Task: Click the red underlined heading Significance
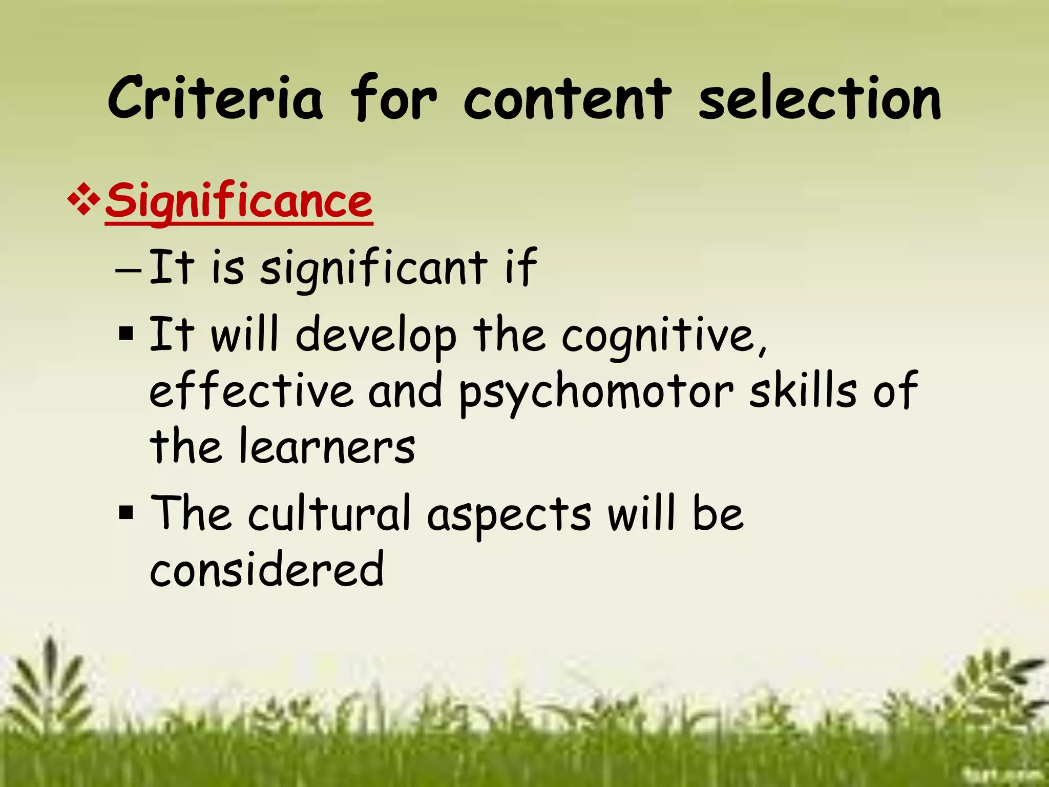pyautogui.click(x=239, y=202)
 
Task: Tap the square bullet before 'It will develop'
pyautogui.click(x=126, y=334)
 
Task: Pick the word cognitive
pyautogui.click(x=664, y=336)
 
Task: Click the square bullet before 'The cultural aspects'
pyautogui.click(x=126, y=512)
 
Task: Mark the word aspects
pyautogui.click(x=509, y=514)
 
